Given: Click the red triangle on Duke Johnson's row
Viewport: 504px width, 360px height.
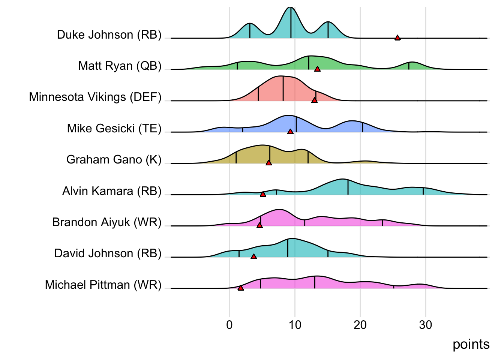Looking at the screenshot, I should coord(397,37).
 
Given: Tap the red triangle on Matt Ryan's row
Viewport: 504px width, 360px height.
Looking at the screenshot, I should coord(317,69).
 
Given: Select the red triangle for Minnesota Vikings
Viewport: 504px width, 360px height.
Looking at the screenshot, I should coord(314,100).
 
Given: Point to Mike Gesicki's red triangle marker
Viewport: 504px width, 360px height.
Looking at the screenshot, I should coord(290,131).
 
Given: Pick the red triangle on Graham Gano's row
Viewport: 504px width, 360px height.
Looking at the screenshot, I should coord(268,162).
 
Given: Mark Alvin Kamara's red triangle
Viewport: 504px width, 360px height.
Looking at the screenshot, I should coord(263,194).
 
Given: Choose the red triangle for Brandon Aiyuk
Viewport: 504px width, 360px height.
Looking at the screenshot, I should coord(259,225).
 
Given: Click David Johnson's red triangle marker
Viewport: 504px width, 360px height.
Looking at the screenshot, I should coord(253,256).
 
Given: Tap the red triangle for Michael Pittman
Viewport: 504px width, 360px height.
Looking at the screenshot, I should coord(240,288).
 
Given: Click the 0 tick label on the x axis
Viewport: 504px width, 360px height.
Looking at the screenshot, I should coord(229,325).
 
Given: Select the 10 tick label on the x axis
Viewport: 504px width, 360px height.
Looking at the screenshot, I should coord(295,325).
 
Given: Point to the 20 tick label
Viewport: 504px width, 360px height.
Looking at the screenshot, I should coord(360,325).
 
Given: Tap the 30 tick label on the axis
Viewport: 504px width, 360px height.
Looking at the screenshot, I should coord(426,325).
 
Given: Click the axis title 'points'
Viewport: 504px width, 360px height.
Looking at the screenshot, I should coord(471,344).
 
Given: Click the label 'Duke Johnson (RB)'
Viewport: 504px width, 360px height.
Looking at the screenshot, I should coord(109,34).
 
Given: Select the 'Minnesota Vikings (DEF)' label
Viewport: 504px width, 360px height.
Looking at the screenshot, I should coord(95,97).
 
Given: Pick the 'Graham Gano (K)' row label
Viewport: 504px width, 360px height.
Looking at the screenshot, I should coord(114,159).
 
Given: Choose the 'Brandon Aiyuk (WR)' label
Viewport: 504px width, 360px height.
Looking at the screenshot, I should coord(107,222).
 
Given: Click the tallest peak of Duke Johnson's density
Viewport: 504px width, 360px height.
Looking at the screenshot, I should coord(290,8).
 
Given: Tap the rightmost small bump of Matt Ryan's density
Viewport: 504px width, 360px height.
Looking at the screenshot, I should coord(412,62).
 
